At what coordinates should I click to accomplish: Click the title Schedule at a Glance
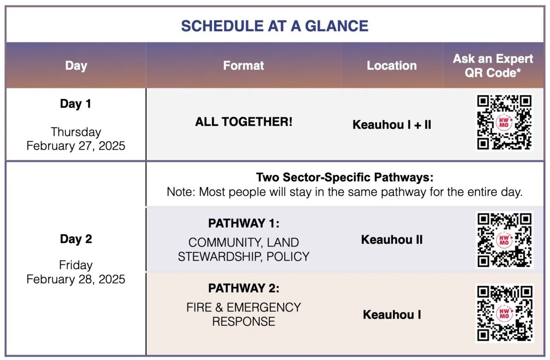275,26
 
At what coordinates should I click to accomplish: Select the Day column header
76,65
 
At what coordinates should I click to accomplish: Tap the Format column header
243,65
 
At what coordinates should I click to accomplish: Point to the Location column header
392,65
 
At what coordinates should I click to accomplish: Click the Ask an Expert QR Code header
493,65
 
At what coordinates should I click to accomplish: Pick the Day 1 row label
76,103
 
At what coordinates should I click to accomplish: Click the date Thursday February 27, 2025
76,139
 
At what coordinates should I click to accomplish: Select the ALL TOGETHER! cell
243,121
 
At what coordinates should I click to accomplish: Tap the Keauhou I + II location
392,125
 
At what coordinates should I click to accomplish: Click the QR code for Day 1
504,123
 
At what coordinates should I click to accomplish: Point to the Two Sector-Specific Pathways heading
344,177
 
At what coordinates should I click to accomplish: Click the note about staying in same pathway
344,192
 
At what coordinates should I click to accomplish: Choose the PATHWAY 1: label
243,223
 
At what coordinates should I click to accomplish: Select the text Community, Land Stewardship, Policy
243,249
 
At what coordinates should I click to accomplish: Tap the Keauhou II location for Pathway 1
392,240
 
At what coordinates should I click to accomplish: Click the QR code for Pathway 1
504,240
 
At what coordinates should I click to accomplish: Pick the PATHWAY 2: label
243,288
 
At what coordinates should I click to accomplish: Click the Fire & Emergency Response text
243,314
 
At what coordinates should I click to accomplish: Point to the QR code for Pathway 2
504,313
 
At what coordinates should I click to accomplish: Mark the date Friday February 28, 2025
76,272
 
